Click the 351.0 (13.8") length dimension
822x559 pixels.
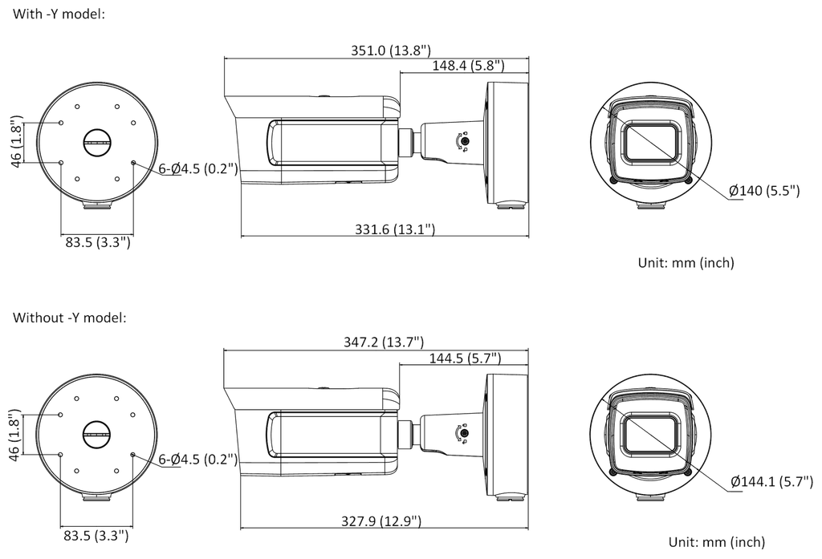pos(391,51)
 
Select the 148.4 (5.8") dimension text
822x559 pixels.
pos(468,66)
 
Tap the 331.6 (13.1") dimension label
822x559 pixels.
pos(395,229)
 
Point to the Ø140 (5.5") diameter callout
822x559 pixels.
pos(764,190)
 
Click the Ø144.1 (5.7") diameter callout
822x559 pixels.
pos(771,481)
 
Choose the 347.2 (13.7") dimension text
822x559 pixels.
pos(383,342)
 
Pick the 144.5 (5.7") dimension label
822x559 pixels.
pos(465,358)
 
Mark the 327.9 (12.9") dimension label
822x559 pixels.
pos(381,521)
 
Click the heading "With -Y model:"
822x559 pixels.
pos(59,14)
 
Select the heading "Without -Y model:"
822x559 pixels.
pos(69,318)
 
